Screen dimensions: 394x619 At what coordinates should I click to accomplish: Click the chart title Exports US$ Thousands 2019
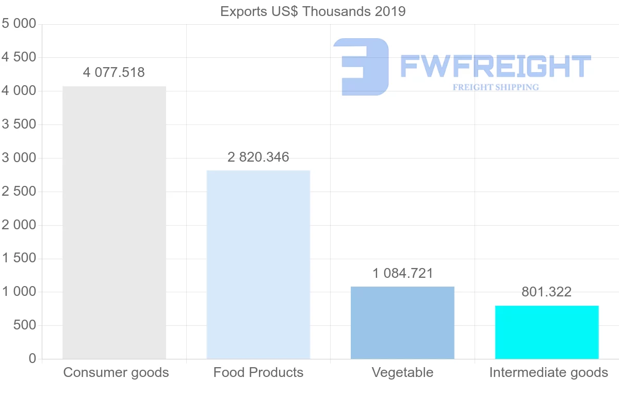(313, 11)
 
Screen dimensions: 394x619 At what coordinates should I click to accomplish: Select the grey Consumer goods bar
(114, 223)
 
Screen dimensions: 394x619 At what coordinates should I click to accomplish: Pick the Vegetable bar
(402, 322)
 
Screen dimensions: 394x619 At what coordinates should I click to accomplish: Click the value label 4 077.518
(114, 73)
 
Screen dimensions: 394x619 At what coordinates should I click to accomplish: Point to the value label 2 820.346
(258, 157)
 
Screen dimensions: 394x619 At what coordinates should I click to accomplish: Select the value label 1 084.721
(402, 273)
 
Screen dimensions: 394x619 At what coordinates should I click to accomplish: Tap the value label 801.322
(546, 292)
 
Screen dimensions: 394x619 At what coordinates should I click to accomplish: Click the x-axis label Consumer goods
(116, 372)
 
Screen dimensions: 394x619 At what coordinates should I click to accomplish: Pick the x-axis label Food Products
(258, 372)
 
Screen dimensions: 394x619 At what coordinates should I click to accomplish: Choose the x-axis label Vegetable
(402, 372)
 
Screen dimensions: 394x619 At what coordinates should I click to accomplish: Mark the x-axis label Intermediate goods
(548, 372)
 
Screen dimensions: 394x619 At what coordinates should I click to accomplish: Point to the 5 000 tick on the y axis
(19, 24)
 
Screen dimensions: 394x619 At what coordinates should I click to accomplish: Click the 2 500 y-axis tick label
(19, 192)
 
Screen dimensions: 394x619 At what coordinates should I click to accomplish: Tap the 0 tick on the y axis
(32, 359)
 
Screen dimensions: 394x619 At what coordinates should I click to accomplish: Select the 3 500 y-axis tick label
(19, 124)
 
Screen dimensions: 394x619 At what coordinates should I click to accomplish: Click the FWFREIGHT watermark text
(495, 66)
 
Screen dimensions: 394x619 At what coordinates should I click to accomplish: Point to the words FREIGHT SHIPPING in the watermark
(496, 87)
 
